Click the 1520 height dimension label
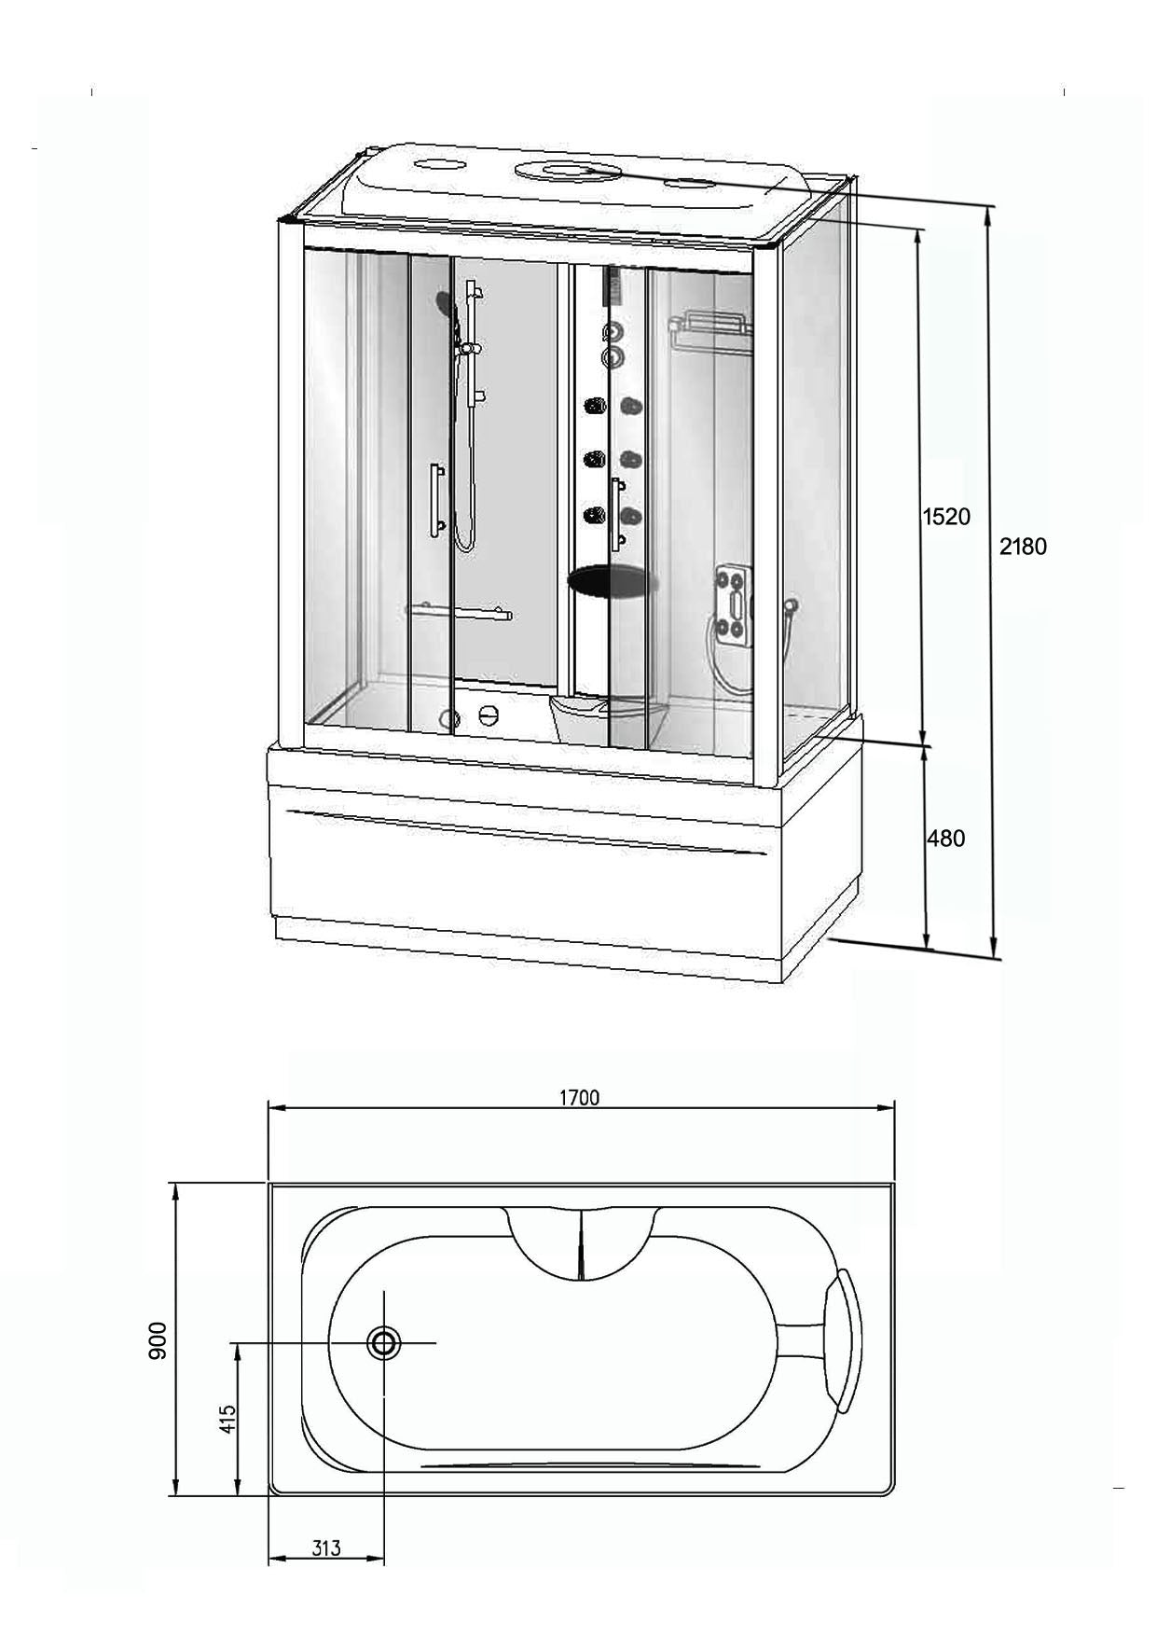coord(946,516)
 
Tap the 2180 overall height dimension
coord(1023,547)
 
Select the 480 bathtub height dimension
coord(945,839)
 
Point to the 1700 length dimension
coord(579,1097)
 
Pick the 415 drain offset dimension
coord(227,1419)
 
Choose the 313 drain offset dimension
coord(325,1548)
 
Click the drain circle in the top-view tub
coord(383,1343)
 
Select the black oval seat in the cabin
coord(613,582)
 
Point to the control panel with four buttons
coord(735,603)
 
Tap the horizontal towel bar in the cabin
coord(460,611)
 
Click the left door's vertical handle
coord(435,501)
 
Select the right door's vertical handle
coord(616,514)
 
